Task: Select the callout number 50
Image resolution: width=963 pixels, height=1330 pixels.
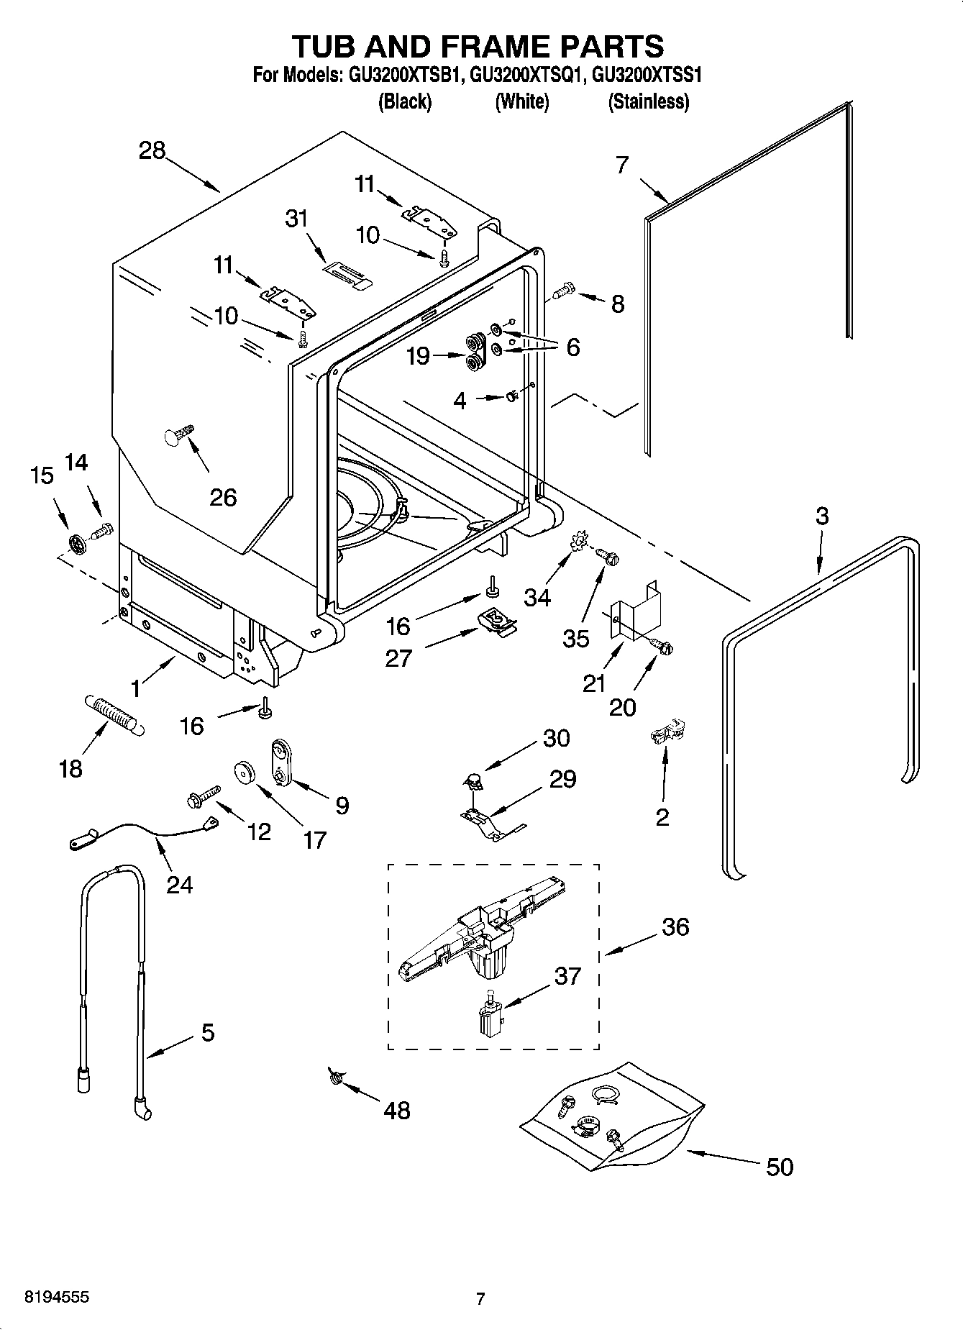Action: (x=780, y=1166)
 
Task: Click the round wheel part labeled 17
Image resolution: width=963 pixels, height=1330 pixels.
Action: (x=247, y=772)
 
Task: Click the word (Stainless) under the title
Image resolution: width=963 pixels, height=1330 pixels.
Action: (x=648, y=102)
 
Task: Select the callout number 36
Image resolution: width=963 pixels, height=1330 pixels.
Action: (x=675, y=926)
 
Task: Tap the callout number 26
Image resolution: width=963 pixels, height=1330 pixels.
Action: (x=223, y=497)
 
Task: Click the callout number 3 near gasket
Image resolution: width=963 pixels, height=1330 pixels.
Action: (x=821, y=516)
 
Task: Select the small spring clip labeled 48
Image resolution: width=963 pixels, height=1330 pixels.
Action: (x=334, y=1076)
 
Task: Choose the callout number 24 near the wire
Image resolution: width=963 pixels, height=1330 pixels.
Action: (x=179, y=883)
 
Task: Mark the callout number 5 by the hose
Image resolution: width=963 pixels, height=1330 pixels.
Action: (x=207, y=1033)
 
